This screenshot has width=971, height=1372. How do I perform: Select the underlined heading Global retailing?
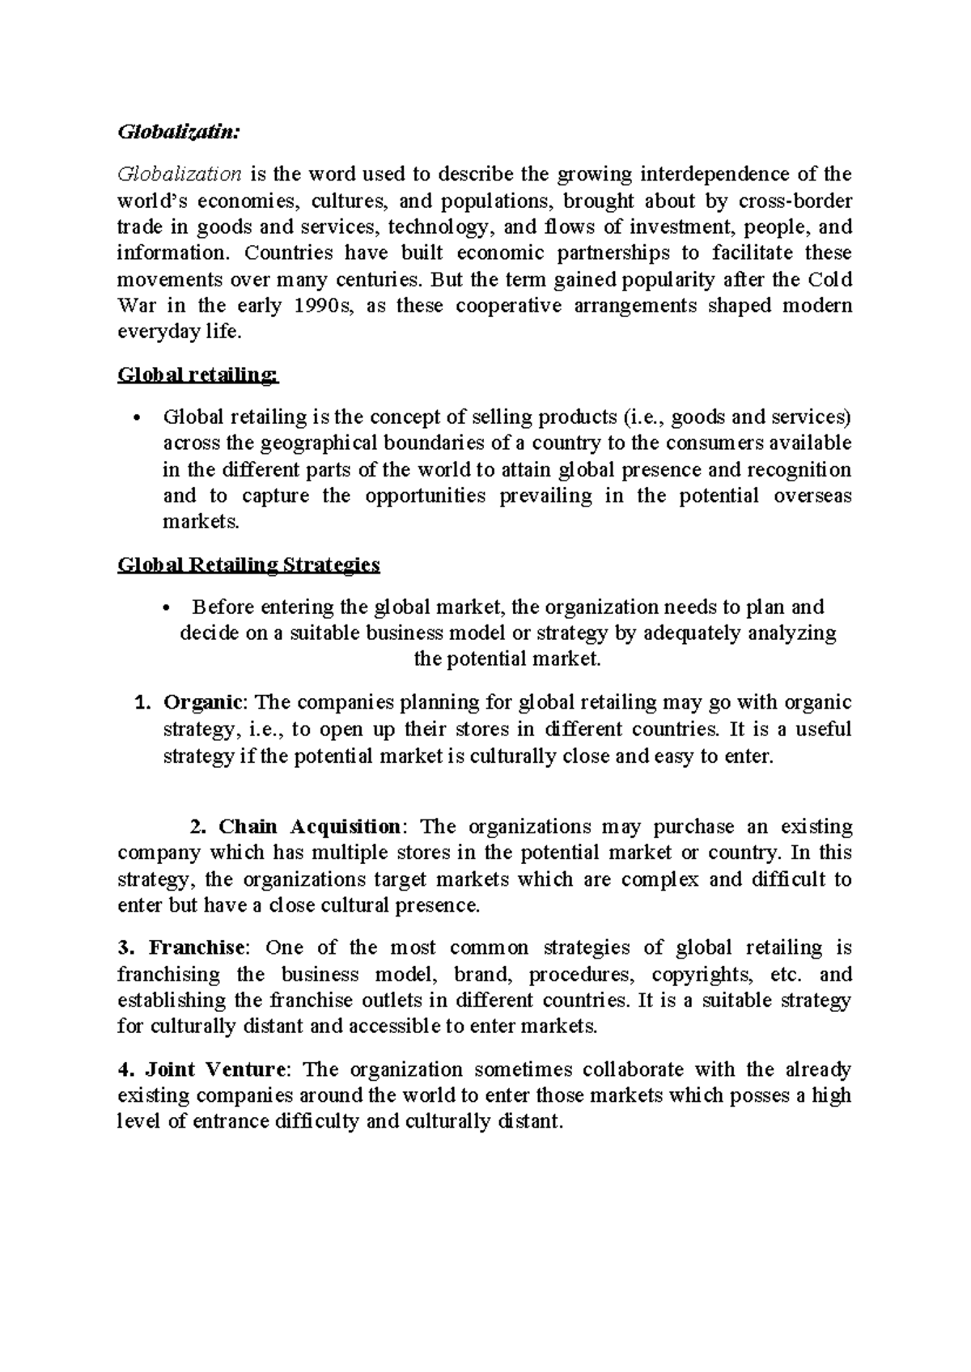click(x=198, y=375)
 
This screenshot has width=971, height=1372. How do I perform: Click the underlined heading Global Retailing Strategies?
click(x=248, y=565)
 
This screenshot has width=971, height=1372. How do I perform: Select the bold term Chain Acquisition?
click(x=309, y=827)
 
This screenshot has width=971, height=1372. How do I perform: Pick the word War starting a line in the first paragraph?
click(x=133, y=306)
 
